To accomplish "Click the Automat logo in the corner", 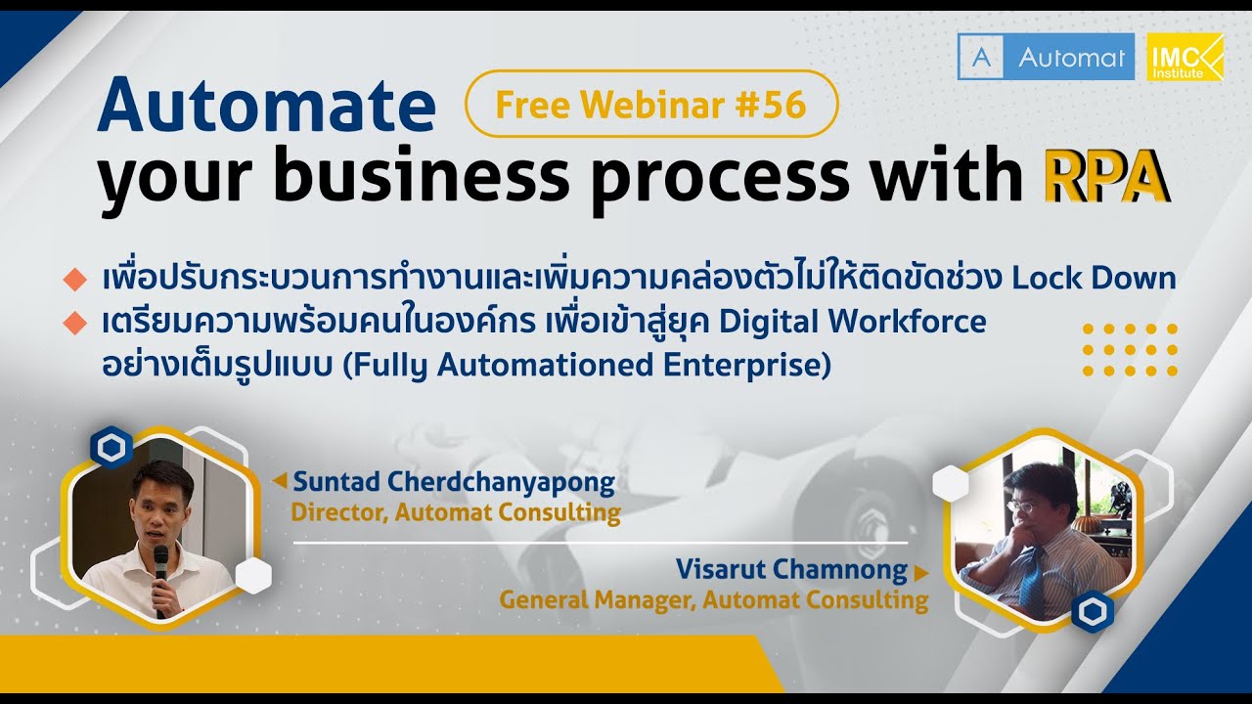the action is click(x=1046, y=57).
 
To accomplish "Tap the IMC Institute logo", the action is click(x=1185, y=57).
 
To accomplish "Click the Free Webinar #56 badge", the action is click(x=651, y=104).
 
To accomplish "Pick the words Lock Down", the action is click(x=1094, y=278).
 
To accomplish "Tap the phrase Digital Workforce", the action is click(x=852, y=323).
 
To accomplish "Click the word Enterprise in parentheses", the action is click(x=741, y=365).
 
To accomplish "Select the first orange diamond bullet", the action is click(x=75, y=280).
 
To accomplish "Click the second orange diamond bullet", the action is click(x=75, y=323).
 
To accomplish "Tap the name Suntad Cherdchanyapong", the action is click(x=454, y=483).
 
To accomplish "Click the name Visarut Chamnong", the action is click(x=791, y=569).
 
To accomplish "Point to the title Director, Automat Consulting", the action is click(x=456, y=513).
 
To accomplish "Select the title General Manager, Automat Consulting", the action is click(x=714, y=600).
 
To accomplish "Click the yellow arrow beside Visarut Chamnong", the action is click(x=921, y=573).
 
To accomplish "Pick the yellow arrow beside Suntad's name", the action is click(x=280, y=480).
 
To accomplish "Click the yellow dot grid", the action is click(x=1130, y=350).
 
